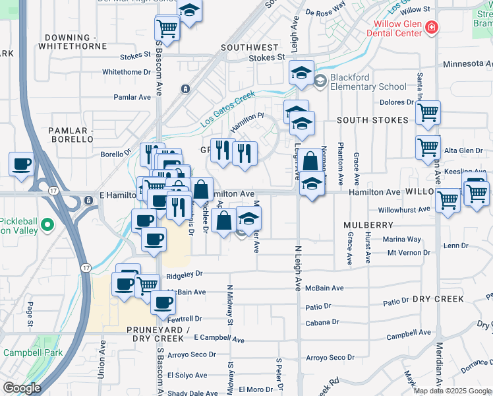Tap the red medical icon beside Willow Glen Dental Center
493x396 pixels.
(x=431, y=28)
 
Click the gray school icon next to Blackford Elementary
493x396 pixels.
(x=320, y=81)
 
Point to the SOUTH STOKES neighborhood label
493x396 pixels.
(x=369, y=121)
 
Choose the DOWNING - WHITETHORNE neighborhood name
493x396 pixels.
(x=72, y=41)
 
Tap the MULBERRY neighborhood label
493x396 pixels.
(x=368, y=225)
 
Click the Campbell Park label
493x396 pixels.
(x=33, y=352)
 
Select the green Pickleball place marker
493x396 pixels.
(x=47, y=226)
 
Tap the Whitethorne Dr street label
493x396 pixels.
(x=127, y=72)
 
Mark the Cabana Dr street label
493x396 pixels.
(x=322, y=323)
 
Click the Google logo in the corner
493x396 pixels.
(x=22, y=388)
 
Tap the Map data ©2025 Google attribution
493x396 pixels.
(x=452, y=391)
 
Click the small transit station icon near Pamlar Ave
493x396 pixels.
(x=185, y=88)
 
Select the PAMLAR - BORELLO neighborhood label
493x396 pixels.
(x=71, y=135)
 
